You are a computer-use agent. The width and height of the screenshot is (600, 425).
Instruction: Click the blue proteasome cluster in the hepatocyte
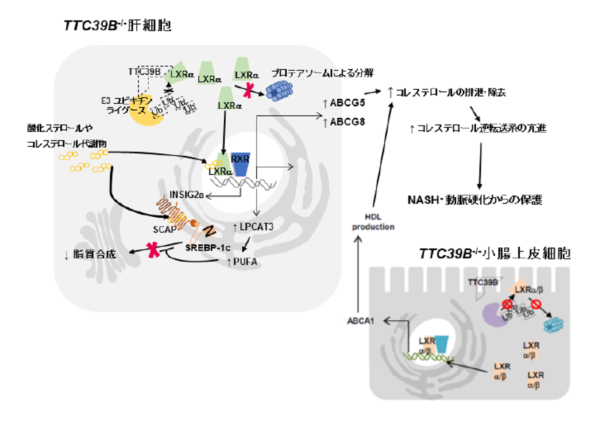[x=280, y=89]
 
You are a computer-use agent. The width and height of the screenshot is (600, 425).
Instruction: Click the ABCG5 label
[x=344, y=104]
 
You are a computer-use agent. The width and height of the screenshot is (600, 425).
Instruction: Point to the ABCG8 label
[x=344, y=121]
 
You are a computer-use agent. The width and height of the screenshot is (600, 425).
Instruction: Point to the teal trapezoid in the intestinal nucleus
[x=442, y=344]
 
